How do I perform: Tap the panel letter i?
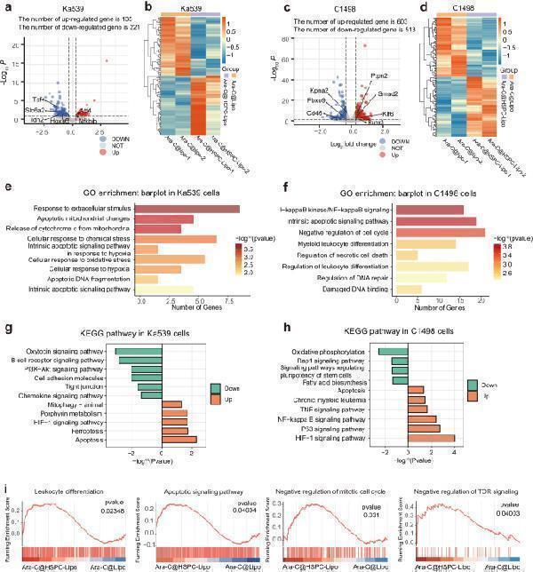coord(6,487)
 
